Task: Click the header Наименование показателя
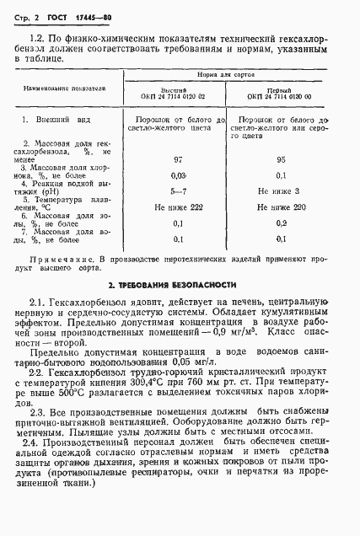click(65, 88)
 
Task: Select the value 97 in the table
click(178, 158)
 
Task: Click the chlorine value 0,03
click(178, 175)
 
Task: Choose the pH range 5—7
click(178, 193)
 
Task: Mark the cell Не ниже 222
click(178, 207)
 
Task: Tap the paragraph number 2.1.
click(37, 303)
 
